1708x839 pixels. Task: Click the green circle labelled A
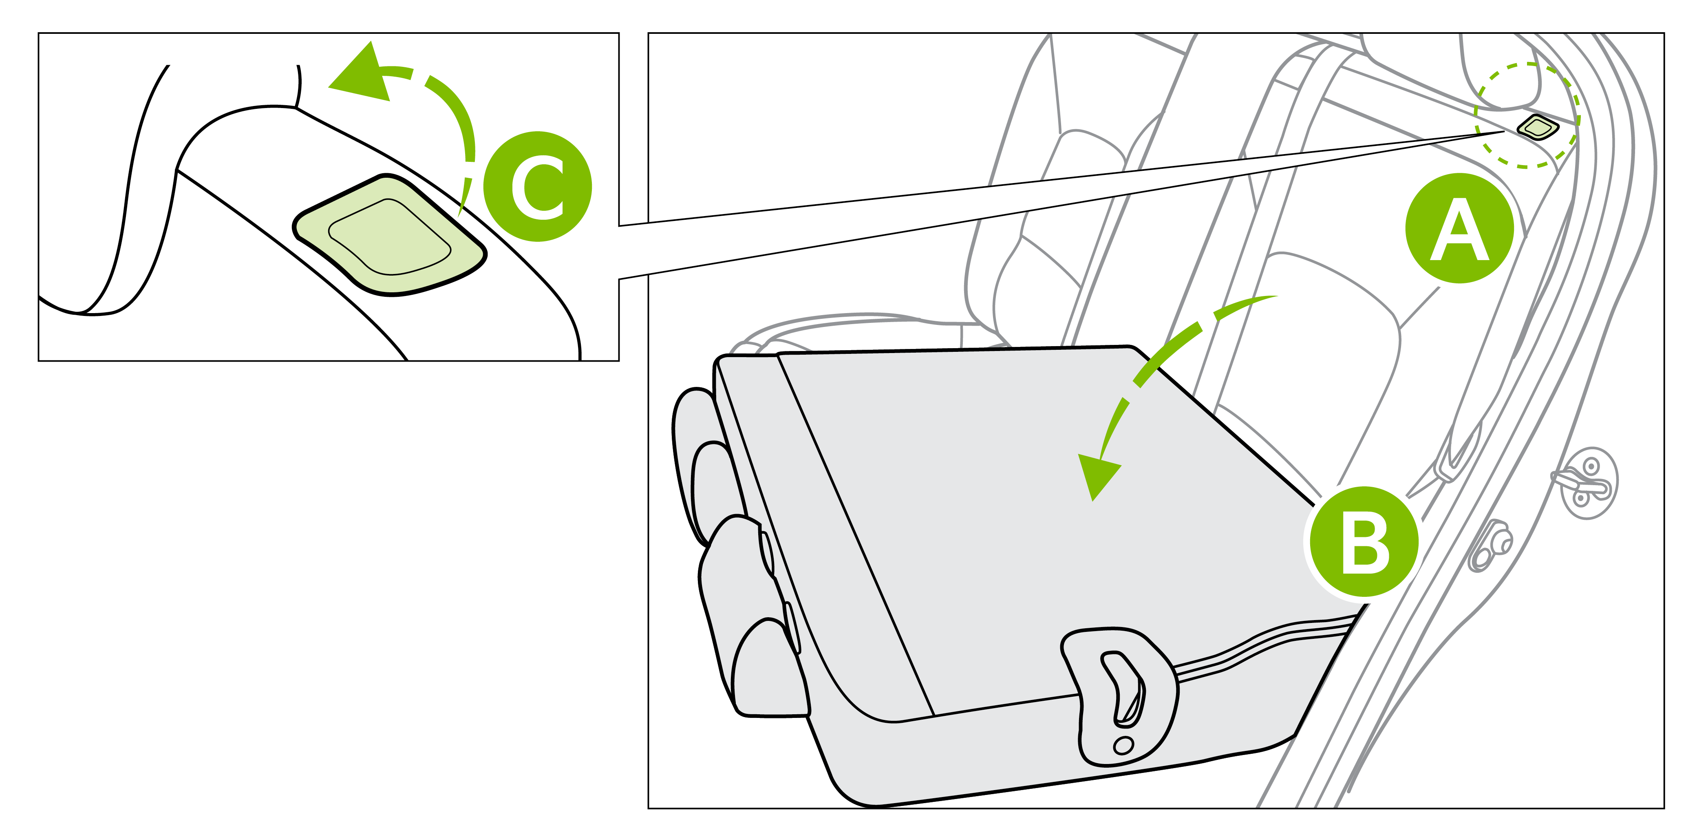[1459, 228]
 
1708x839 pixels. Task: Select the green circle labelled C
[537, 186]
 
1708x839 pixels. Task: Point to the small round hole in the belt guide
[1123, 746]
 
